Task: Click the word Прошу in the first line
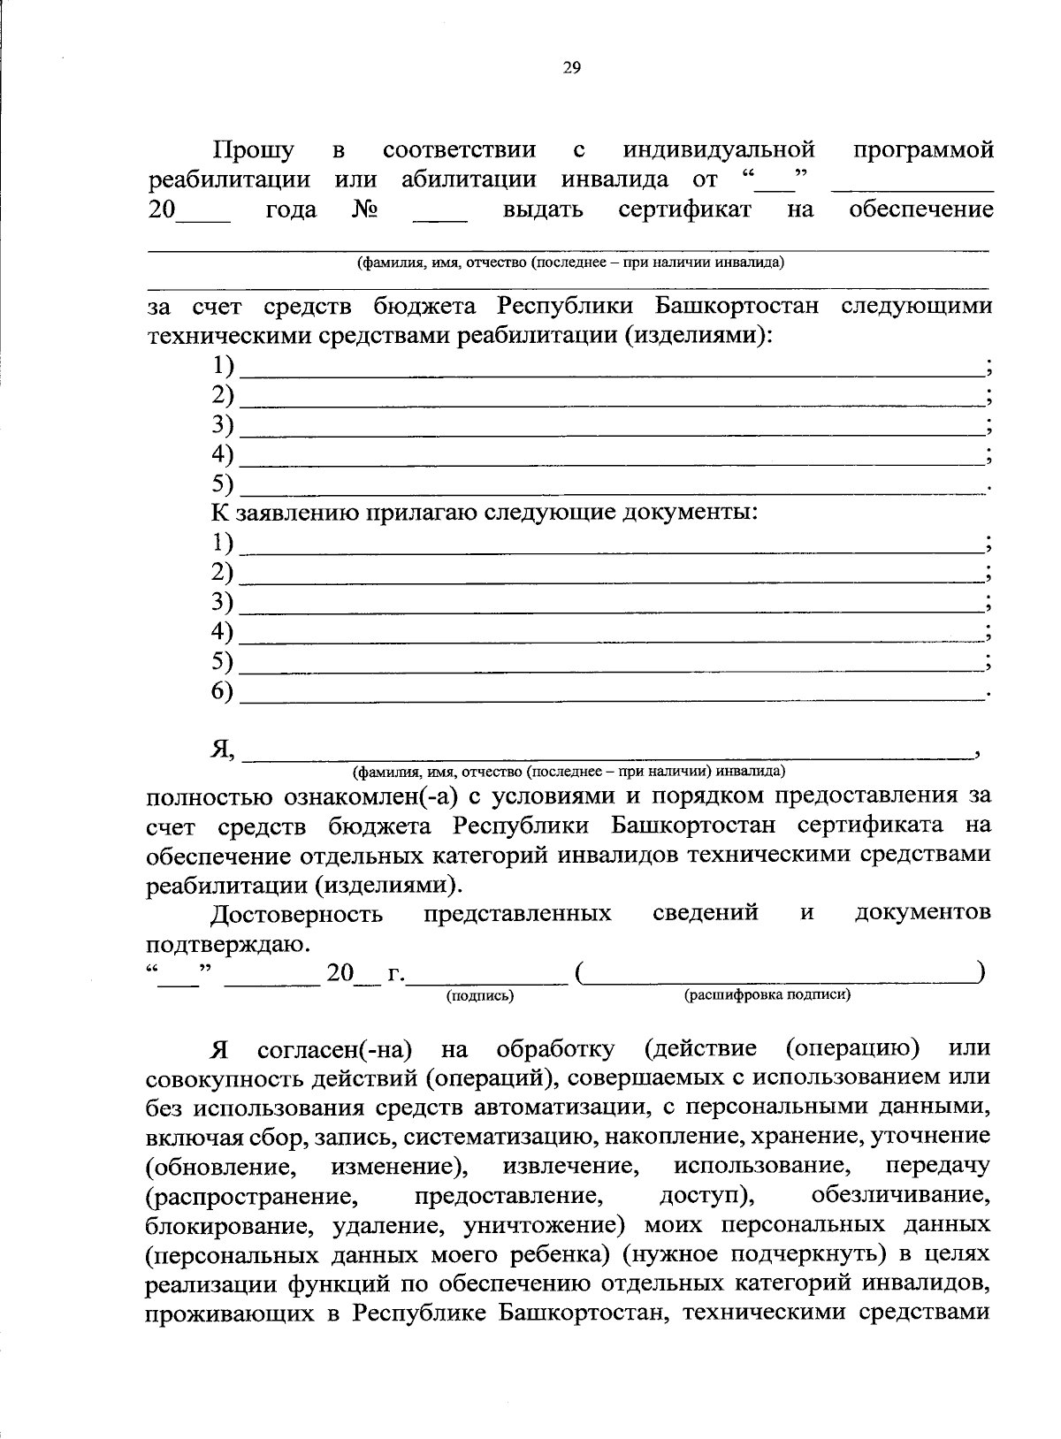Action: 254,151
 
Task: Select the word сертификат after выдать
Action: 685,210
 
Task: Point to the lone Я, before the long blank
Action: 222,750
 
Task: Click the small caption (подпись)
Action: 480,996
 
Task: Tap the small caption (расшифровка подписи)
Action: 767,995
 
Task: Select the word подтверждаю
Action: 228,944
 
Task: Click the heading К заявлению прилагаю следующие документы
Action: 485,512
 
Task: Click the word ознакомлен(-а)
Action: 370,796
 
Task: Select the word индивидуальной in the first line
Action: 718,151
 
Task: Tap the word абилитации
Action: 469,180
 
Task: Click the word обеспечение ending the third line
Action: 920,210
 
